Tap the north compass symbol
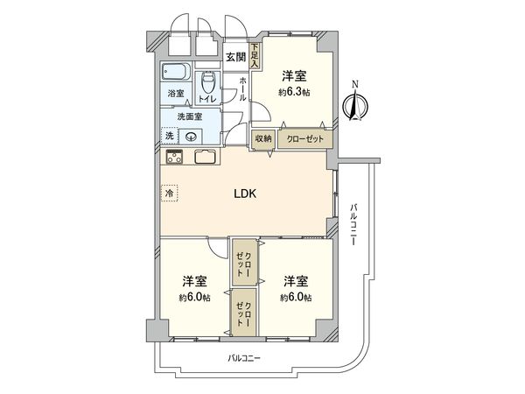click(x=353, y=103)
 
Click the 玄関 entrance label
click(x=235, y=58)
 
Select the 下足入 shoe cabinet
click(x=255, y=56)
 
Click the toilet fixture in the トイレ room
click(x=208, y=84)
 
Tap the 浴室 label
click(x=176, y=94)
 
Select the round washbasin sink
click(x=192, y=136)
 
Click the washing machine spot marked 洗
click(x=170, y=136)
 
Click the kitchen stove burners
click(x=174, y=158)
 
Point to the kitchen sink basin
click(x=206, y=158)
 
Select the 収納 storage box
click(x=263, y=138)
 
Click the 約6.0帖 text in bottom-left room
click(x=195, y=298)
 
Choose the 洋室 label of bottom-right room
click(x=296, y=281)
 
